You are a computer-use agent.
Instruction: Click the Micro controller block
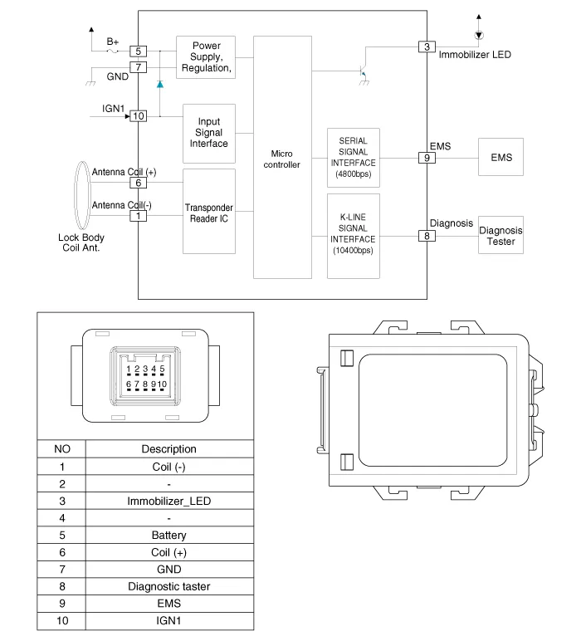283,158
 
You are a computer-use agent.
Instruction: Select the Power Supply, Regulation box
206,56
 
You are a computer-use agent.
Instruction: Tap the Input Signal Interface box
208,133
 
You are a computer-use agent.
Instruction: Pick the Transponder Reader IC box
208,213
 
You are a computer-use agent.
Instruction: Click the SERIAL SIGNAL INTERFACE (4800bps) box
354,158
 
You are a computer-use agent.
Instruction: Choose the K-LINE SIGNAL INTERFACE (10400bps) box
354,236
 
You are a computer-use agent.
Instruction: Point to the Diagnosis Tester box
501,236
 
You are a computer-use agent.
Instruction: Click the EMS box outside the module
501,158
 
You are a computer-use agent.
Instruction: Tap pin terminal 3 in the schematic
427,46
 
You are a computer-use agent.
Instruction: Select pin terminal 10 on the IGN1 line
138,116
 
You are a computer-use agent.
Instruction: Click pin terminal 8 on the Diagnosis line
427,236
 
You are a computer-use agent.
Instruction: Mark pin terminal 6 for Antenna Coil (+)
138,183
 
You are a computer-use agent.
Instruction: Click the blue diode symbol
159,85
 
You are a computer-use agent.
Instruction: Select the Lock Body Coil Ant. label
81,242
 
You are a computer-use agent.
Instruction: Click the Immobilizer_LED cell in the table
169,501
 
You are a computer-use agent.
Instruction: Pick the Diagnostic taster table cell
169,587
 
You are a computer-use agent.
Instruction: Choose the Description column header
169,449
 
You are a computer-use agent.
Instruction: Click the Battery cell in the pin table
169,536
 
